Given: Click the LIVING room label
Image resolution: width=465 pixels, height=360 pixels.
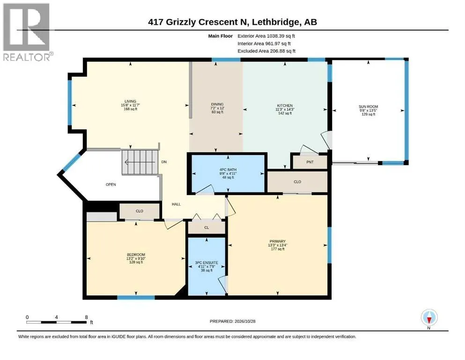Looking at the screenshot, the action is [x=130, y=101].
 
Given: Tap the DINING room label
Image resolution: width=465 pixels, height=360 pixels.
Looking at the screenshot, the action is [x=217, y=104].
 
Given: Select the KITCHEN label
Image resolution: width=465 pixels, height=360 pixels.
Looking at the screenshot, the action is [x=285, y=105].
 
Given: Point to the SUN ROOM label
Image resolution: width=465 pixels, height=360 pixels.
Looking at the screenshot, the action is [x=369, y=106].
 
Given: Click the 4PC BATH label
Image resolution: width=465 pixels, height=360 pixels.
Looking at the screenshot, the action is [x=228, y=170].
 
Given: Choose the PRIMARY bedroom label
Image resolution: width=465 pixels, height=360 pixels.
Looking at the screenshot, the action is [x=278, y=241].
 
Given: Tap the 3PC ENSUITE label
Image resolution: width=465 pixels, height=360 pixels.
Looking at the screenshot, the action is [x=207, y=262].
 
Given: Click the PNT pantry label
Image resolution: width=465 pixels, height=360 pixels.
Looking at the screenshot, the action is [x=310, y=162].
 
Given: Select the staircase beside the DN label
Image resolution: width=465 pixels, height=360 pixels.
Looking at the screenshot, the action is [x=140, y=162].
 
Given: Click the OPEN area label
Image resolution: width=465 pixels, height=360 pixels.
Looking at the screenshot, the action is [x=111, y=184].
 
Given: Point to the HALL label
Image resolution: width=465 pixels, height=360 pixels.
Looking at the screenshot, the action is [x=176, y=204].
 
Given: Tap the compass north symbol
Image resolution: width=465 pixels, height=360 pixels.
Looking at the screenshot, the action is [x=429, y=318].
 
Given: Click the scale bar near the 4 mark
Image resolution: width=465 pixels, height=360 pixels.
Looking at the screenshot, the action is [x=56, y=322].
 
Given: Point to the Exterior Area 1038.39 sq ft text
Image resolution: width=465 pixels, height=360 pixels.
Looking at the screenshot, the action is [x=266, y=36].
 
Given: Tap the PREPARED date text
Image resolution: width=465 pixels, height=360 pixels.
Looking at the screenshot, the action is [x=232, y=321].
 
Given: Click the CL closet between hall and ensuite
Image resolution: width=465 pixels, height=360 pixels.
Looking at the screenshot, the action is [x=207, y=228].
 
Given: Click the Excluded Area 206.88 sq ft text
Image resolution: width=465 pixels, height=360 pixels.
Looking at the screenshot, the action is [x=266, y=51].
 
